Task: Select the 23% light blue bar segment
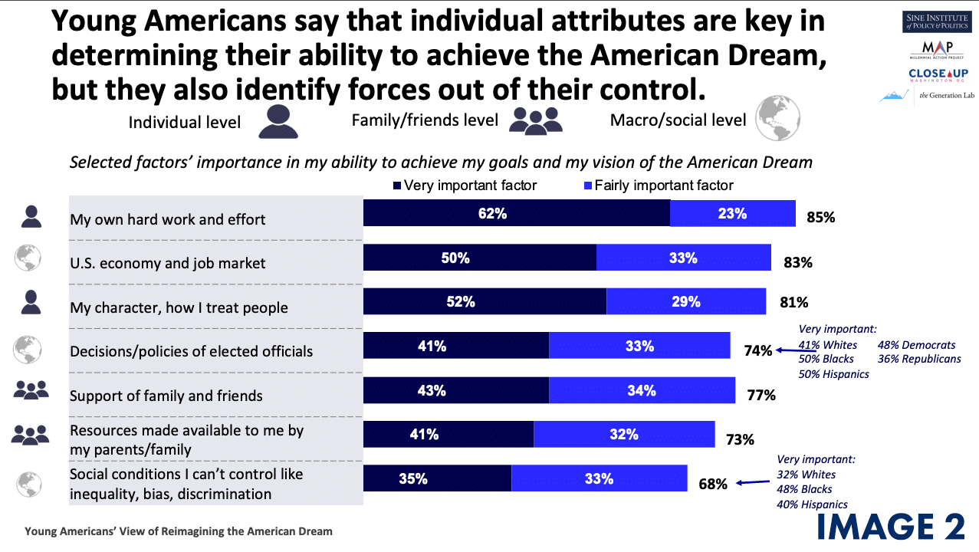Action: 732,214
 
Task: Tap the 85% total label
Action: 820,218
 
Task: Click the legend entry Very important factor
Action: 465,185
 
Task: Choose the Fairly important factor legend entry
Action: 659,185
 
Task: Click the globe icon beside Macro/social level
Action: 777,119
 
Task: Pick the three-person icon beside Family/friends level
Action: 537,120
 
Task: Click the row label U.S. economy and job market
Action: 168,263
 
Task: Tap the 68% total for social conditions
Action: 712,484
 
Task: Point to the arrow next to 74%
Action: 786,350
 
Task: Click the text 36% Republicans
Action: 918,359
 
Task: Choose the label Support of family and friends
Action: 166,396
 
